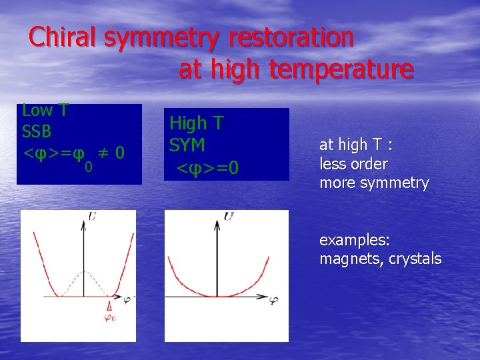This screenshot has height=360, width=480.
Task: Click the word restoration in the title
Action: click(x=291, y=38)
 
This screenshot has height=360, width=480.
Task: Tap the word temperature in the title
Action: click(x=341, y=69)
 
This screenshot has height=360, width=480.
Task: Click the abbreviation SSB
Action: click(x=37, y=132)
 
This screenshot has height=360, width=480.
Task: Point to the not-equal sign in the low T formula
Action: click(x=103, y=153)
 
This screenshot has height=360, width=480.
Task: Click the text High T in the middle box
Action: click(x=197, y=123)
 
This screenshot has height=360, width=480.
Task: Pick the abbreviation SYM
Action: click(x=187, y=145)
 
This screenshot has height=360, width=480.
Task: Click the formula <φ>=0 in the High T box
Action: click(x=207, y=167)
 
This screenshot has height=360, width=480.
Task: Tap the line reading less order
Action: click(x=353, y=164)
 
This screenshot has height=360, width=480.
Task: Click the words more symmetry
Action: click(x=374, y=183)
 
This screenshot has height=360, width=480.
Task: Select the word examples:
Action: click(x=355, y=240)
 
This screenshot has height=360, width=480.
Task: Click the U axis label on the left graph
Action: click(x=91, y=216)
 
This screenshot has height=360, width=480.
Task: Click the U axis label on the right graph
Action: click(x=229, y=216)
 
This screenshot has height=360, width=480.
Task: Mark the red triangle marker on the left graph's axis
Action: click(x=109, y=305)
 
